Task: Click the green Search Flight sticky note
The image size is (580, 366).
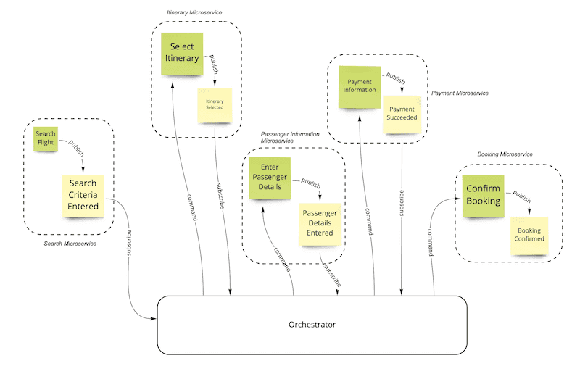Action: pos(45,138)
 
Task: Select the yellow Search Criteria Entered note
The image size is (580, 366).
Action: pos(83,195)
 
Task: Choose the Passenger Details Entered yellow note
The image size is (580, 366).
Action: pos(320,223)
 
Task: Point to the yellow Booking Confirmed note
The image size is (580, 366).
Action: pos(529,235)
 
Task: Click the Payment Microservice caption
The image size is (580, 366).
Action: pos(460,93)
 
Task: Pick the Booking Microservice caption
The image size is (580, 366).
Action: pos(505,154)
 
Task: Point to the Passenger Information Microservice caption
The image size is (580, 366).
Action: pos(290,137)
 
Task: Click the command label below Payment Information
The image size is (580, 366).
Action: pos(369,221)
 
